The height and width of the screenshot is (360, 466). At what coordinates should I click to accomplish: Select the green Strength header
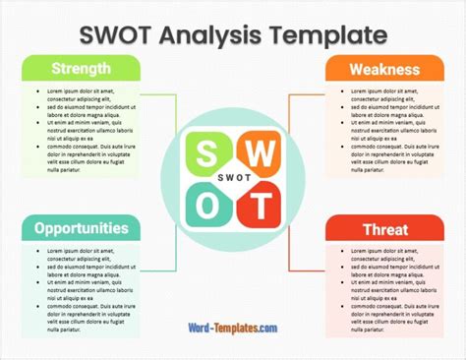pyautogui.click(x=82, y=70)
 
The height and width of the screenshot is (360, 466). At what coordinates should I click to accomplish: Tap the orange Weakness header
pyautogui.click(x=383, y=70)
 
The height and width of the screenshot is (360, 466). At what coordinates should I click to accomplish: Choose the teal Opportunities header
pyautogui.click(x=82, y=227)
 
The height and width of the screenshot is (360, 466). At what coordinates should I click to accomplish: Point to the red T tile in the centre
pyautogui.click(x=260, y=207)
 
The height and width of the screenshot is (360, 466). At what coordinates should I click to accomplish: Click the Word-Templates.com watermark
pyautogui.click(x=234, y=329)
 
